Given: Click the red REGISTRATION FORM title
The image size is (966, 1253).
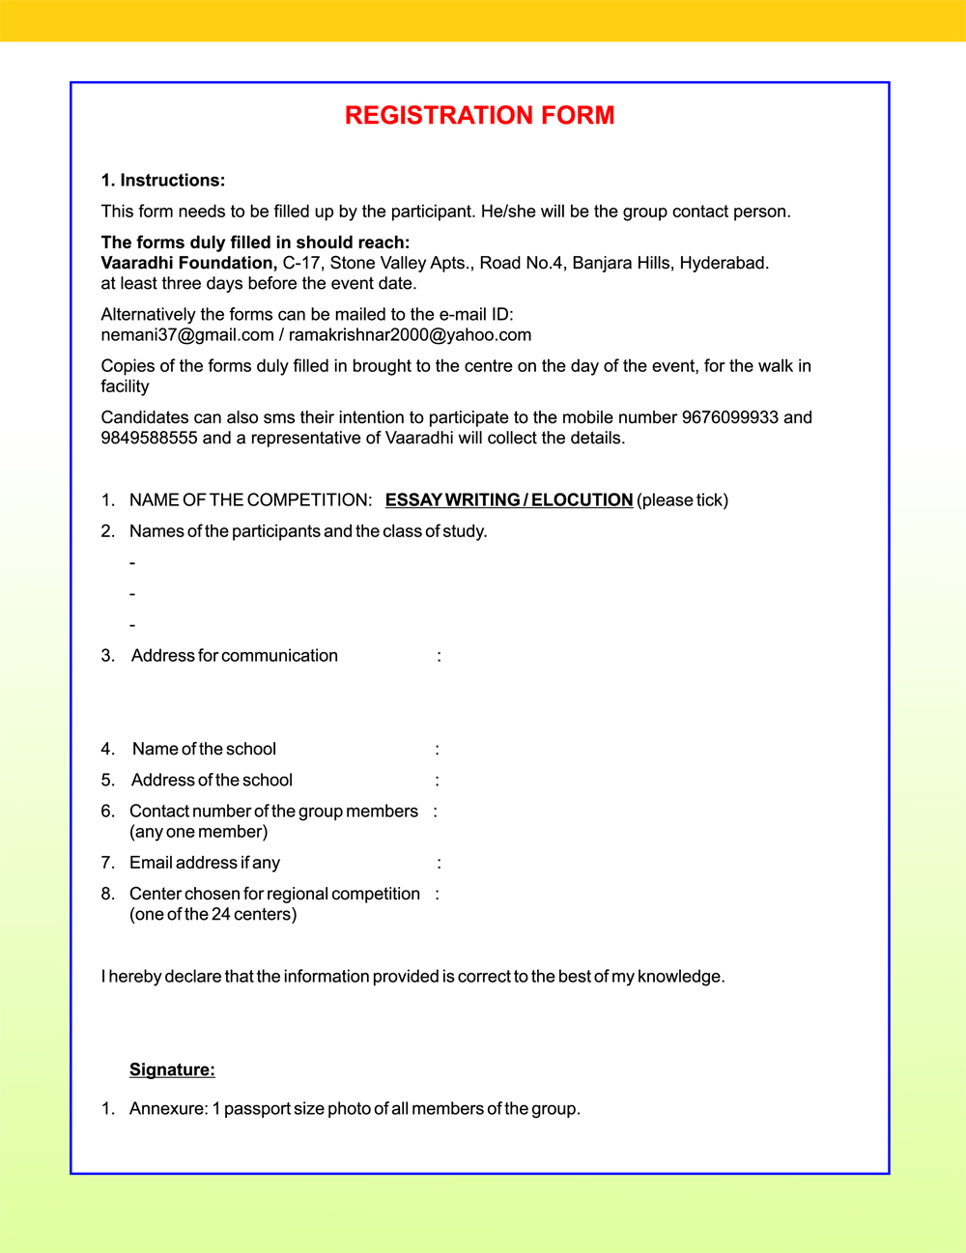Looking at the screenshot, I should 479,115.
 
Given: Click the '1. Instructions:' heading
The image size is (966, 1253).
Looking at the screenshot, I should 162,181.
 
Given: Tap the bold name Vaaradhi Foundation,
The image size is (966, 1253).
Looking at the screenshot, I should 188,263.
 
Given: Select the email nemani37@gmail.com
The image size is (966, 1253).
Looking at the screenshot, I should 187,335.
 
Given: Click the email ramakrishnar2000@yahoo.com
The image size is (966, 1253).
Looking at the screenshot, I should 410,335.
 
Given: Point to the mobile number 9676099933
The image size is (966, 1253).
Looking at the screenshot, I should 729,417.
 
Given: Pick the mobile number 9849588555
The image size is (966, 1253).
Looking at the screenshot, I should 149,438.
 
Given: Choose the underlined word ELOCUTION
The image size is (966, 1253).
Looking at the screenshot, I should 582,500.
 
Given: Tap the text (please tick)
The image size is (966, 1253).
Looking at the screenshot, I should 682,500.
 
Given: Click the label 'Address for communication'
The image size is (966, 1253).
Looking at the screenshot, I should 235,656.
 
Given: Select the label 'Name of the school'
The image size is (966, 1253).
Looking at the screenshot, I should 204,750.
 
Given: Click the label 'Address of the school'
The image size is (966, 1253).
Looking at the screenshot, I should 212,781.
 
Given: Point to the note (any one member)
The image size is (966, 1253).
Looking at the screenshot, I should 198,832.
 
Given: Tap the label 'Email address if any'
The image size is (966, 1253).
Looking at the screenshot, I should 205,863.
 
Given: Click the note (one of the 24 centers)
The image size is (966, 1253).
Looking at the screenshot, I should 213,914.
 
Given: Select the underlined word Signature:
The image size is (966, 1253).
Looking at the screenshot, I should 172,1069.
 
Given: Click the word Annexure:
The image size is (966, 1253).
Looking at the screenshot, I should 168,1109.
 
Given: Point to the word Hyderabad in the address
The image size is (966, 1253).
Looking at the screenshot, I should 724,263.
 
